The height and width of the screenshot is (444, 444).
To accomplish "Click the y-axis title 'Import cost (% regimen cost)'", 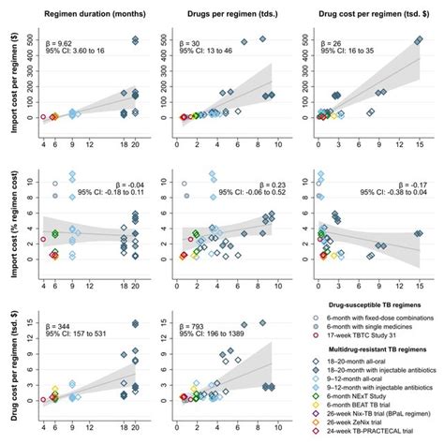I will [x=8, y=216].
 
